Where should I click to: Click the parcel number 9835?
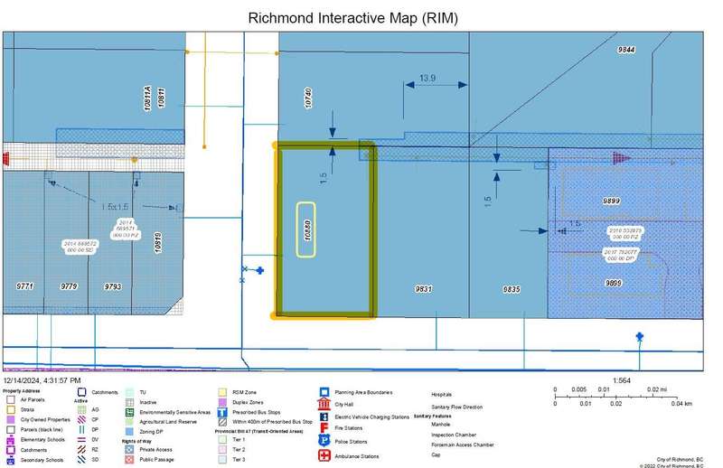(x=512, y=289)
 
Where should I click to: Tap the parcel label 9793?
(x=112, y=285)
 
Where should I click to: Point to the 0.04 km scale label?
(x=681, y=403)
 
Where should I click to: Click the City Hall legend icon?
(x=324, y=405)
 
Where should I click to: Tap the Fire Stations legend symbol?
(x=324, y=426)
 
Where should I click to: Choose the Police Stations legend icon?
(x=324, y=439)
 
